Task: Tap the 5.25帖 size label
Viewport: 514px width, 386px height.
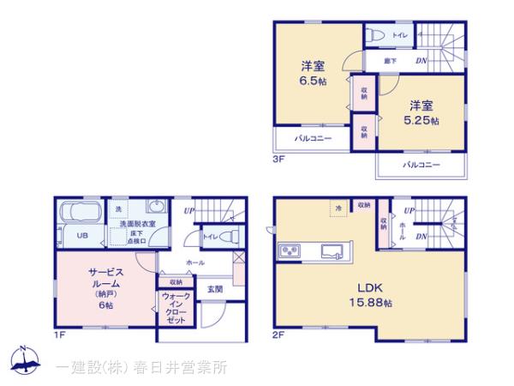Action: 421,121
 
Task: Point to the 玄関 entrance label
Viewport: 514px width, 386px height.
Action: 214,289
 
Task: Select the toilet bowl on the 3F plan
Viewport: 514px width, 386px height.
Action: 374,36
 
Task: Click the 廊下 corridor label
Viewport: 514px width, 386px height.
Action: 391,60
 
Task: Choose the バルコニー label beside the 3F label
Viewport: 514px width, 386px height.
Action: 313,137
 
